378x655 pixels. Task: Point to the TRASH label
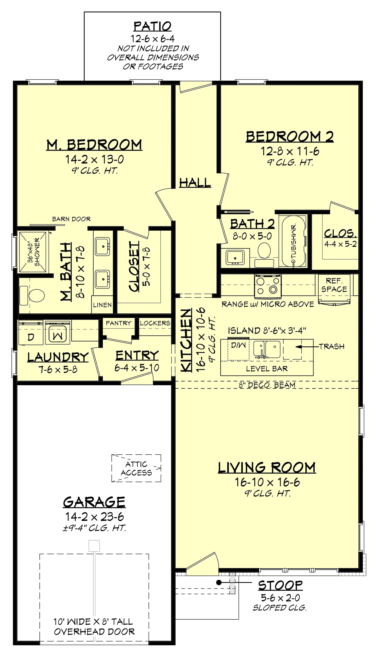[332, 346]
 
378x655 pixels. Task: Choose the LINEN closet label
[102, 305]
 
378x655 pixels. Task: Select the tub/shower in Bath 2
[294, 241]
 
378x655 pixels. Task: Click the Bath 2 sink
[235, 257]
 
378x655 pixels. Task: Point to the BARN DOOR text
[71, 219]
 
